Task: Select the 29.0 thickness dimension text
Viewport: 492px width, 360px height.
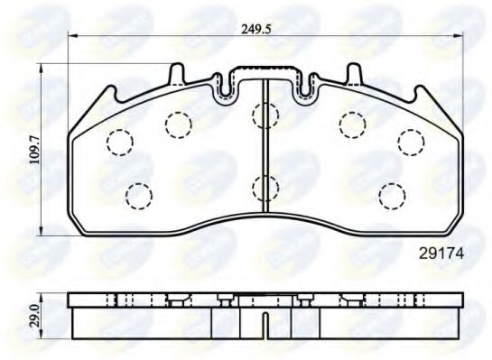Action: tap(35, 315)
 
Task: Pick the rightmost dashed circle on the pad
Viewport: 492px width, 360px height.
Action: tap(411, 142)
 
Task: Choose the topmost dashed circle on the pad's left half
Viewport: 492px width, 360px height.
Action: tap(176, 122)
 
